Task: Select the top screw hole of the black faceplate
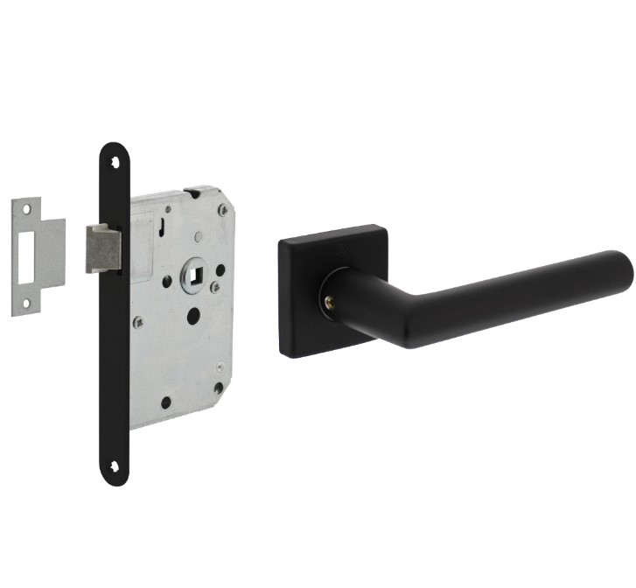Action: [x=114, y=162]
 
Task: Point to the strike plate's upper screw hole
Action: [x=27, y=209]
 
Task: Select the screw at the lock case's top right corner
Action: [x=224, y=209]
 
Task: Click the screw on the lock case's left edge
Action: [x=137, y=322]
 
